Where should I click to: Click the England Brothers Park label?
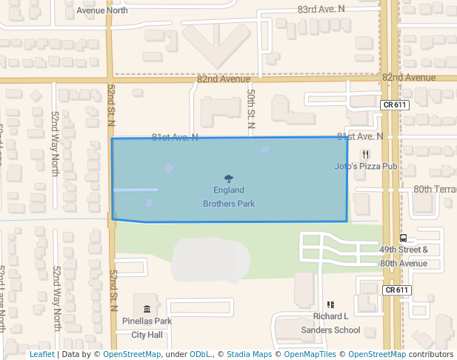[x=229, y=196]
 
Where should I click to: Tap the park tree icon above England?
[x=229, y=178]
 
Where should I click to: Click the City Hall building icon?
[x=147, y=308]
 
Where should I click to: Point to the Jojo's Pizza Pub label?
[x=366, y=166]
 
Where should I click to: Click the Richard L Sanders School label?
[x=331, y=322]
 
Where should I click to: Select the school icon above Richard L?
[x=330, y=304]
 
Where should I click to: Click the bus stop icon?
[x=404, y=238]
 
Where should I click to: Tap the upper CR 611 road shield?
[x=396, y=105]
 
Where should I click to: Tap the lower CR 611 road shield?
[x=396, y=290]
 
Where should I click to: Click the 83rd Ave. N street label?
[x=321, y=9]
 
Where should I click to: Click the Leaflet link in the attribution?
[x=41, y=354]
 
